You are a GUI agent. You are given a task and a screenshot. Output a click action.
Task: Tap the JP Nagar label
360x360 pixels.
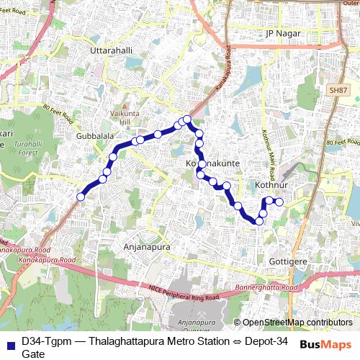tap(282, 33)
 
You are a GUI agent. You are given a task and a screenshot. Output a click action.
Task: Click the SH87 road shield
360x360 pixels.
tap(336, 90)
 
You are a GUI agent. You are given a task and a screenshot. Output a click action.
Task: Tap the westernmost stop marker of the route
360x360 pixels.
tap(81, 196)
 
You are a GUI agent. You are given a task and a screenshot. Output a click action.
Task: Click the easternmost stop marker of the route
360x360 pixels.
tap(279, 201)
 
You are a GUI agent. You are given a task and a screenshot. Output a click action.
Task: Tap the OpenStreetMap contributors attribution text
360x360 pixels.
tap(297, 323)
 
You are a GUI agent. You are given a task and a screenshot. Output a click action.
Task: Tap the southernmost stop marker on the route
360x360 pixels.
tap(258, 222)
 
